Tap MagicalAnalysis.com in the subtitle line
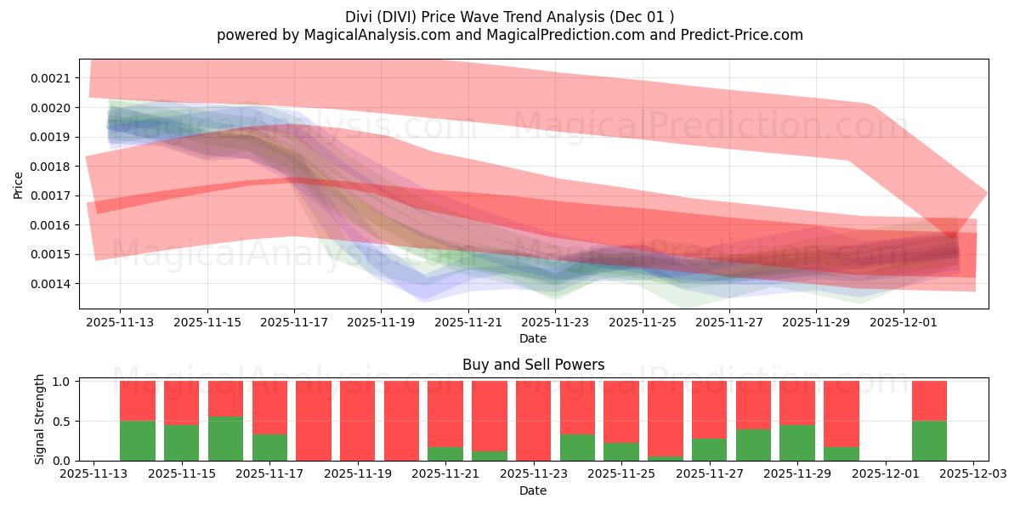(371, 35)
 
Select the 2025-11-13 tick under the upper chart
(119, 323)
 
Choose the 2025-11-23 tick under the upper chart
(554, 323)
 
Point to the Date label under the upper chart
(533, 338)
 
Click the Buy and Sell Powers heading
(533, 365)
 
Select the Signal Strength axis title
(40, 420)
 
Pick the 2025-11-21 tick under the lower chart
(445, 474)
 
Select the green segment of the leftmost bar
(137, 440)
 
